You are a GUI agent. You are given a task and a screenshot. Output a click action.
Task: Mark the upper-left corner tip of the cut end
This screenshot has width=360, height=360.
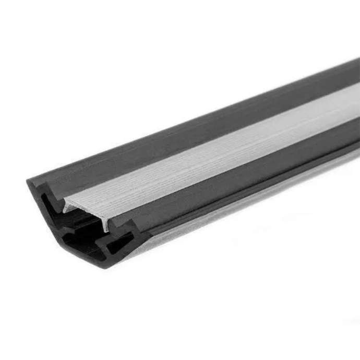pos(28,181)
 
